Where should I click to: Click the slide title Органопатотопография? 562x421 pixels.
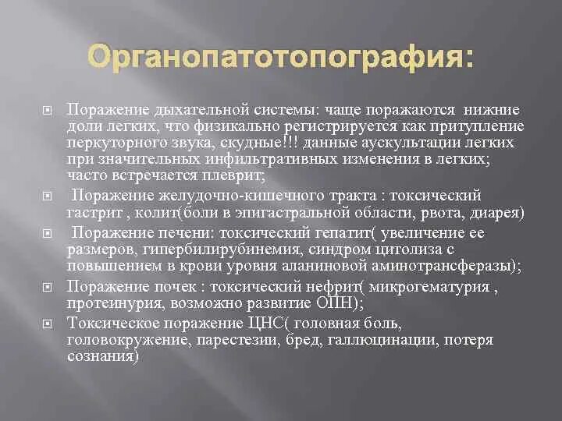[x=280, y=58]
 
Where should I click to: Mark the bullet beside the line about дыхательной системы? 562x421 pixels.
[x=47, y=111]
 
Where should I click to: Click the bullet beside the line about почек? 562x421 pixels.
[x=47, y=287]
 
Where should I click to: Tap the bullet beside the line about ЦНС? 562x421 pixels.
[x=47, y=323]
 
